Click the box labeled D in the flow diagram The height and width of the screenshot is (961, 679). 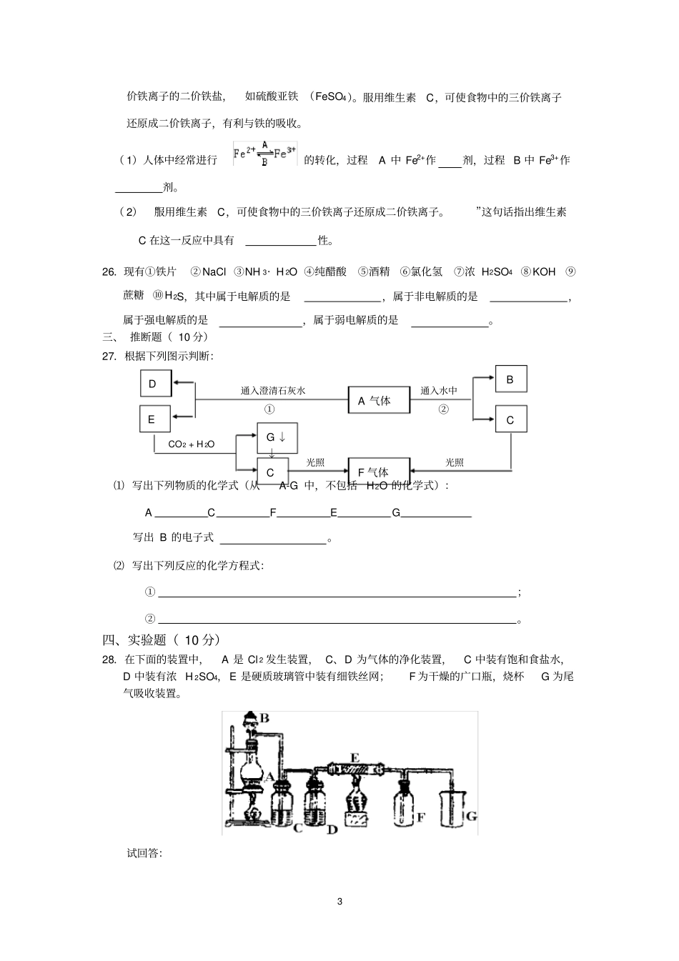(x=156, y=384)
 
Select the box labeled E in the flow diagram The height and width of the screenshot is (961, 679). (x=154, y=419)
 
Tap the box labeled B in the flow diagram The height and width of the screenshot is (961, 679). (x=510, y=380)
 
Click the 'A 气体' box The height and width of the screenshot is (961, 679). (x=379, y=400)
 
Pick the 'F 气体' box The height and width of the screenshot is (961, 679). (x=378, y=472)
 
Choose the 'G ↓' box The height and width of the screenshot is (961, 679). (x=277, y=437)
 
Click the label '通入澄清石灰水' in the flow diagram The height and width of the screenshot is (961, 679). (x=273, y=391)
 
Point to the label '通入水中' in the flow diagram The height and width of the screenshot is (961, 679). (x=439, y=391)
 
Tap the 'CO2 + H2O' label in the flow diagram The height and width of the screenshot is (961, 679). (x=191, y=444)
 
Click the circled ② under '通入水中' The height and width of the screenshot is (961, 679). (x=443, y=409)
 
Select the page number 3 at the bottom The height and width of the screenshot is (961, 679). (x=339, y=901)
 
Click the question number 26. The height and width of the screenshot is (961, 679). (x=109, y=272)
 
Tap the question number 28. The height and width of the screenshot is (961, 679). (x=109, y=659)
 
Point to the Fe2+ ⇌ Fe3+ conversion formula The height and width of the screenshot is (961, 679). (x=265, y=155)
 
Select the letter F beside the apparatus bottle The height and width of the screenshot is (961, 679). (x=421, y=817)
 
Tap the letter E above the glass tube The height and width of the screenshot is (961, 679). (x=355, y=757)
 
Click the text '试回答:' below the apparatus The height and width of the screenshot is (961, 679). (x=144, y=853)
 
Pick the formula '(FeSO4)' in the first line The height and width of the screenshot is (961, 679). (x=332, y=97)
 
